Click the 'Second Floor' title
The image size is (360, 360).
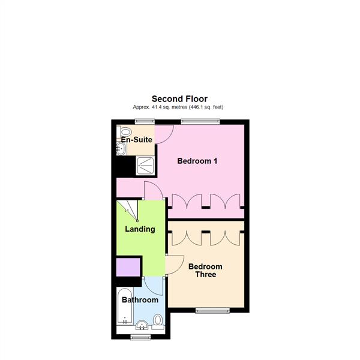(x=179, y=98)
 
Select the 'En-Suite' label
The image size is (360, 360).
(x=136, y=140)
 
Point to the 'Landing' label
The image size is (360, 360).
(x=140, y=229)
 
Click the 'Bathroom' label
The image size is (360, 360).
(x=140, y=300)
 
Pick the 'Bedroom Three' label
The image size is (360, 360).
(x=205, y=271)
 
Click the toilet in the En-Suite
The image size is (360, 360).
(x=126, y=131)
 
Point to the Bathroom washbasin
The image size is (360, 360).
(x=142, y=326)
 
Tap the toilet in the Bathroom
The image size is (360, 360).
(x=158, y=321)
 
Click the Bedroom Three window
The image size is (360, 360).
(x=212, y=310)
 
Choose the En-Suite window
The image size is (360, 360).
(x=140, y=122)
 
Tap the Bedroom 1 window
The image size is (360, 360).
(x=200, y=122)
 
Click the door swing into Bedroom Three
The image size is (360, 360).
(x=175, y=264)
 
